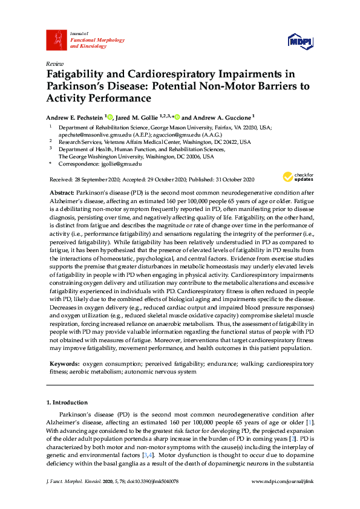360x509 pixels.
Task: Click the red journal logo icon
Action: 56,40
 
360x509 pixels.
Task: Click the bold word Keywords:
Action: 64,364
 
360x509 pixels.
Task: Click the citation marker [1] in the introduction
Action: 310,421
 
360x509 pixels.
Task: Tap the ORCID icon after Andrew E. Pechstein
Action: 111,117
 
